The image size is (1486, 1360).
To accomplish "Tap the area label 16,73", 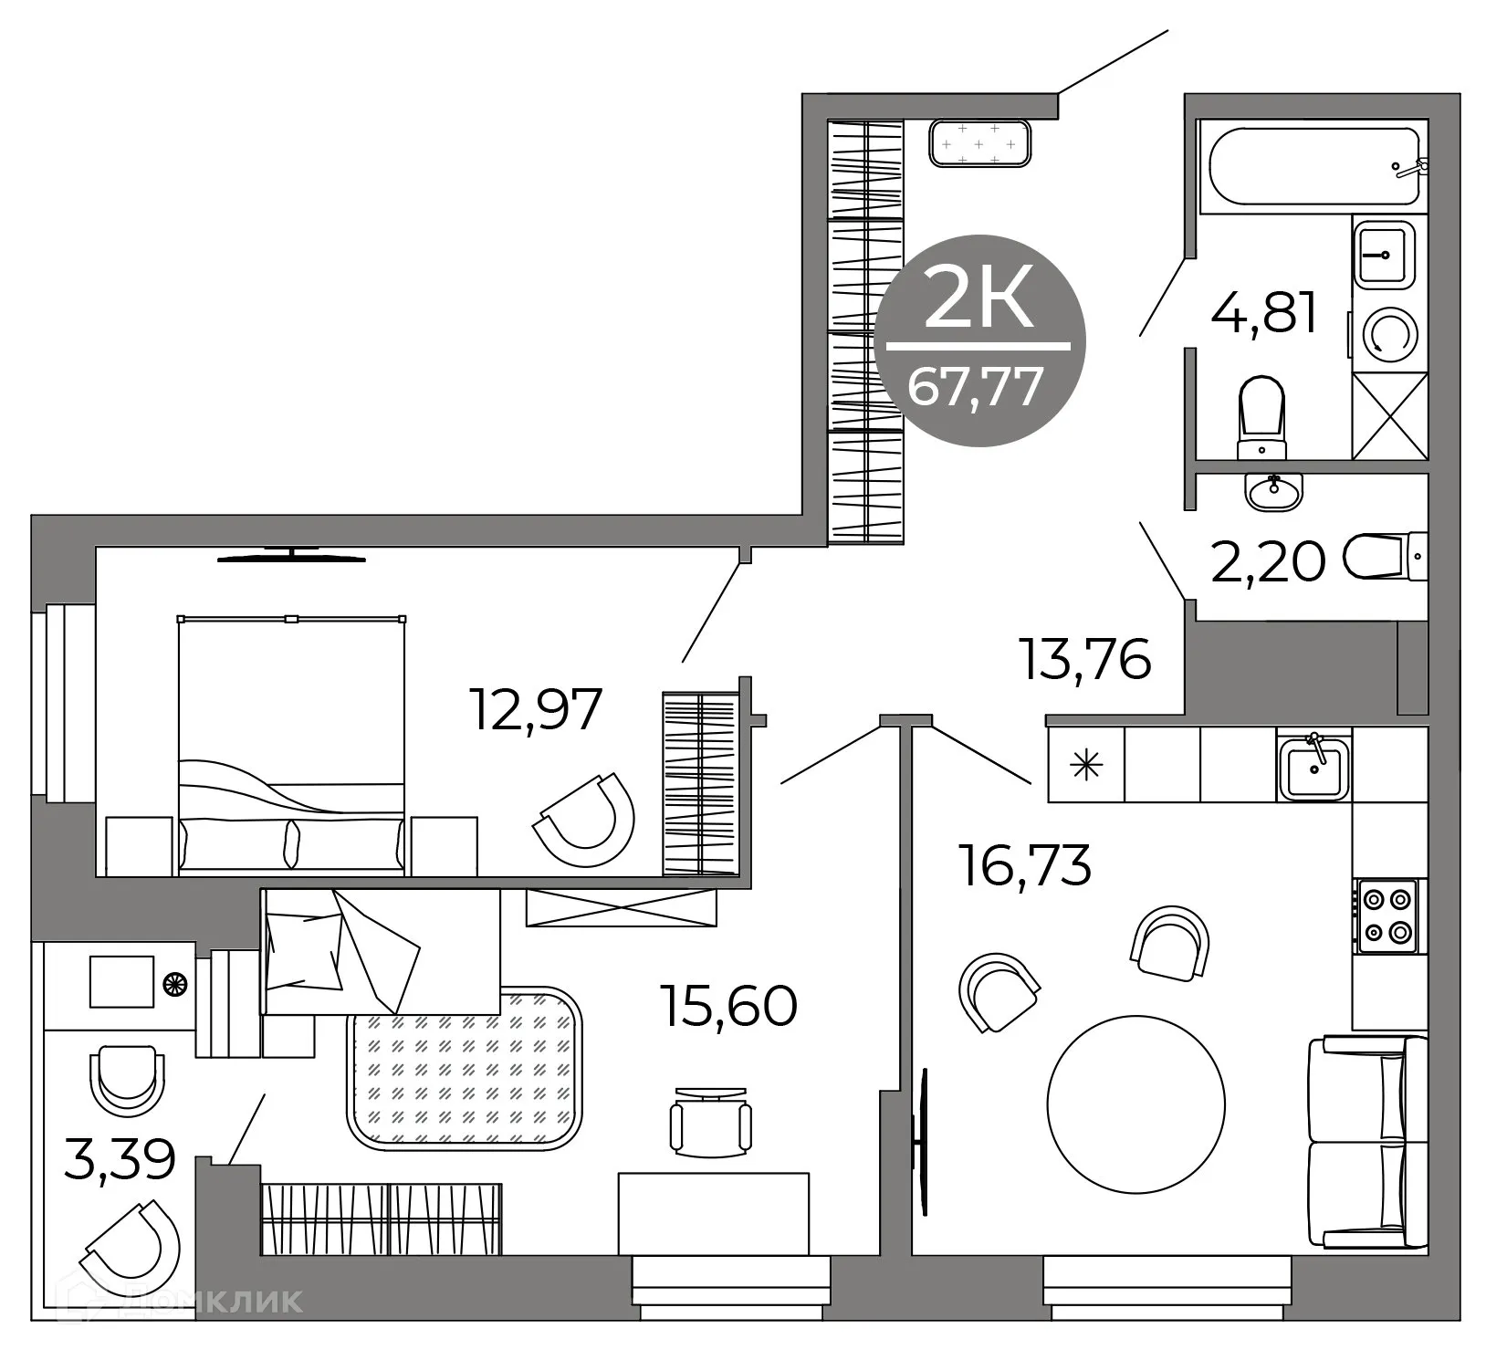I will coord(1024,865).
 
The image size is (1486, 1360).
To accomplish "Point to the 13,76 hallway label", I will coord(1085,660).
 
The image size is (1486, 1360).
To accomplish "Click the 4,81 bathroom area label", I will coord(1264,314).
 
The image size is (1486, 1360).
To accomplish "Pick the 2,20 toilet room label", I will coord(1268,561).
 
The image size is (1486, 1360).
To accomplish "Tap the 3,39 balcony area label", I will coord(120,1159).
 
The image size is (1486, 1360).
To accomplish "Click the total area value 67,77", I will coord(975,387).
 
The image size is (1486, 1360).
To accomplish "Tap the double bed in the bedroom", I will coord(291,744).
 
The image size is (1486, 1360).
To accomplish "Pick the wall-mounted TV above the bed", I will coord(291,555).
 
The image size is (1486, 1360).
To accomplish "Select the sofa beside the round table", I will coord(1366,1143).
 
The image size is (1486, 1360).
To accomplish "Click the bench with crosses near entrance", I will coord(980,144).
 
